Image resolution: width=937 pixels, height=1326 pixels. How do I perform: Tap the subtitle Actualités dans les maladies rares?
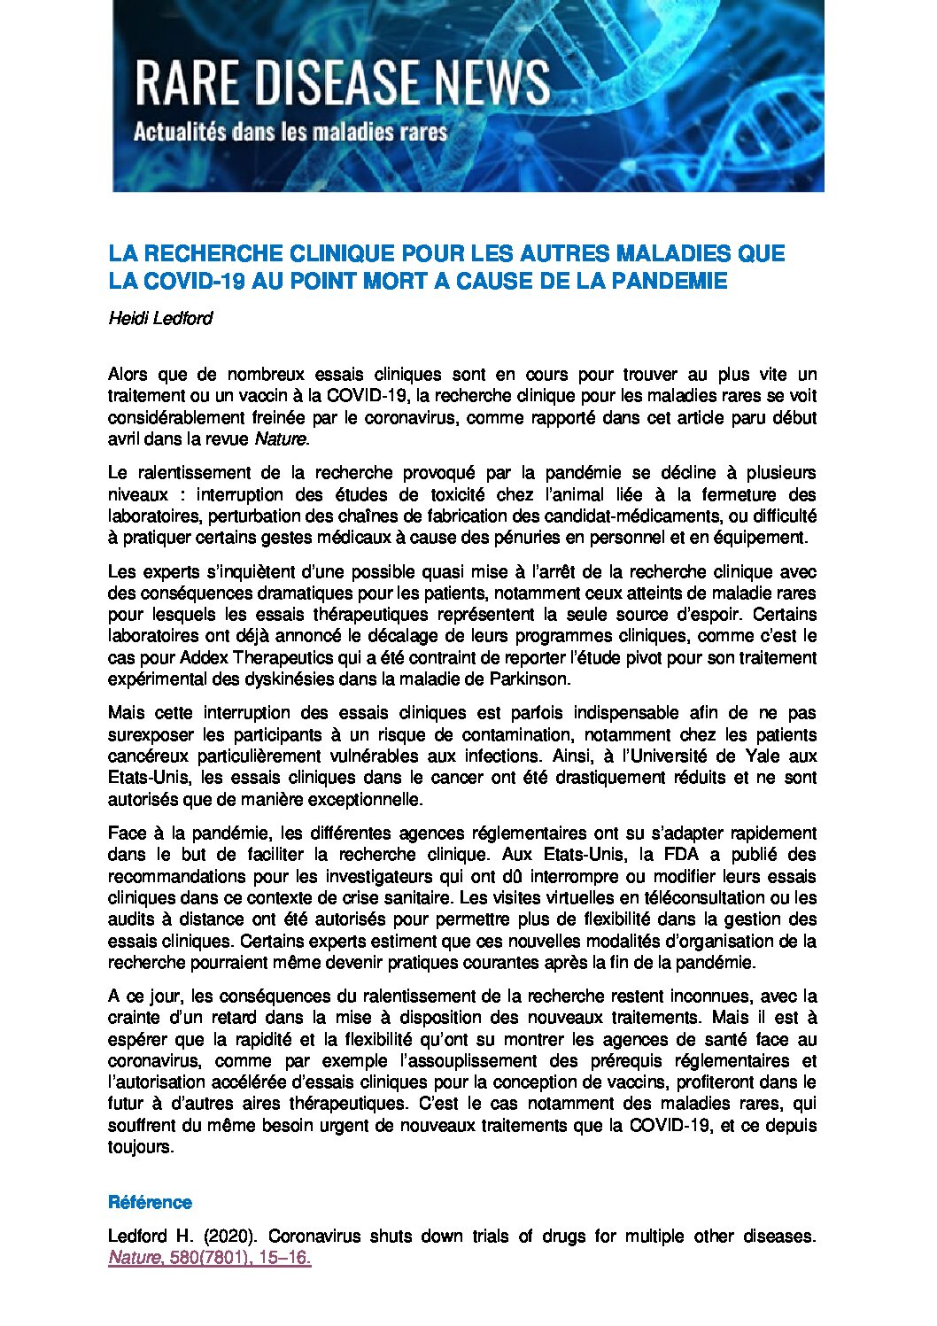tap(290, 133)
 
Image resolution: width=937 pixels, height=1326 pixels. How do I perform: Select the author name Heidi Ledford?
tap(160, 318)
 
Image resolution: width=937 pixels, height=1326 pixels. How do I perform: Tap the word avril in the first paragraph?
tap(124, 438)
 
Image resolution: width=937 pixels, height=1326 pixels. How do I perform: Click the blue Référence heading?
tap(150, 1202)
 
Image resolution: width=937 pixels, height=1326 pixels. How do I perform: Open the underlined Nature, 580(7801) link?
tap(209, 1258)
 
